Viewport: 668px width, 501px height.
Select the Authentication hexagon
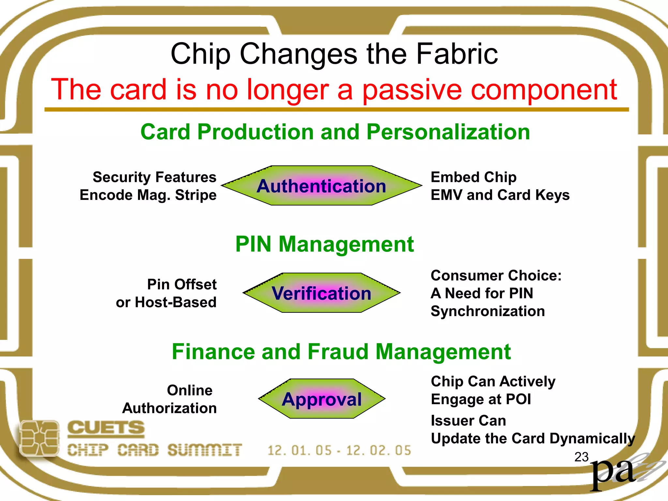pyautogui.click(x=322, y=186)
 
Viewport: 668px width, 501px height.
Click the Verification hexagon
pyautogui.click(x=322, y=293)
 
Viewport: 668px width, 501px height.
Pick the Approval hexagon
pyautogui.click(x=322, y=399)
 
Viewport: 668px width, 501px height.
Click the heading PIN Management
pyautogui.click(x=325, y=244)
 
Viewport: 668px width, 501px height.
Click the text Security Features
pyautogui.click(x=154, y=177)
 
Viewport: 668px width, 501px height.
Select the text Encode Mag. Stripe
pyautogui.click(x=148, y=195)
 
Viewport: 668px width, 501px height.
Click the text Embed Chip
pyautogui.click(x=473, y=177)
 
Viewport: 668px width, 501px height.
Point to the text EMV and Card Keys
pyautogui.click(x=500, y=195)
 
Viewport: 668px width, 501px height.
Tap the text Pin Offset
pyautogui.click(x=182, y=284)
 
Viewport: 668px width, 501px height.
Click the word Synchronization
pyautogui.click(x=488, y=311)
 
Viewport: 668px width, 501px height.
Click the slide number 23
pyautogui.click(x=581, y=457)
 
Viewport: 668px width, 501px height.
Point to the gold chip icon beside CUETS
pyautogui.click(x=39, y=438)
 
